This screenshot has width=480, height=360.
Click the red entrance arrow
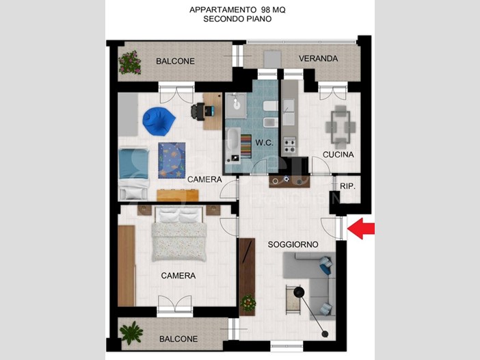(x=361, y=229)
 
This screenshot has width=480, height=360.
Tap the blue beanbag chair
(x=159, y=121)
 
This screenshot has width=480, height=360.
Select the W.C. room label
(x=264, y=143)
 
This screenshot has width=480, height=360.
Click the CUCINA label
(x=338, y=155)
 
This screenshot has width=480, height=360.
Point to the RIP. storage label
(x=347, y=186)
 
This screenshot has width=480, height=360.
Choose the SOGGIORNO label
(x=293, y=244)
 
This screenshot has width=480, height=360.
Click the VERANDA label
(x=319, y=59)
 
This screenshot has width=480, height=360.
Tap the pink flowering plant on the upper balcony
(x=130, y=62)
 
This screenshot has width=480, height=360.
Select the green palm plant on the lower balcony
(x=131, y=333)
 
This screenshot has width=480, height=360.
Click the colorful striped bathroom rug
(x=246, y=146)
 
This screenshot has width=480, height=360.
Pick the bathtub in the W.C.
(x=233, y=145)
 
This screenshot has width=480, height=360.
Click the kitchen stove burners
(x=289, y=145)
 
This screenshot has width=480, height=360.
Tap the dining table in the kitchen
(x=341, y=126)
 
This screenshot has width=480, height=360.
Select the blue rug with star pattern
(x=172, y=160)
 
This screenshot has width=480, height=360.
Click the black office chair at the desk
(x=198, y=111)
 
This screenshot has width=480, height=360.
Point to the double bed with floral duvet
(x=178, y=234)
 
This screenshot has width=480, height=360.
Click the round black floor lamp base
(x=299, y=292)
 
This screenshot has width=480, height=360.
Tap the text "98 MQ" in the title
(x=274, y=10)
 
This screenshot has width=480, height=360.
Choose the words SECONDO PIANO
(x=237, y=19)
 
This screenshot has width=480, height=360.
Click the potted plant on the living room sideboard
(x=248, y=303)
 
